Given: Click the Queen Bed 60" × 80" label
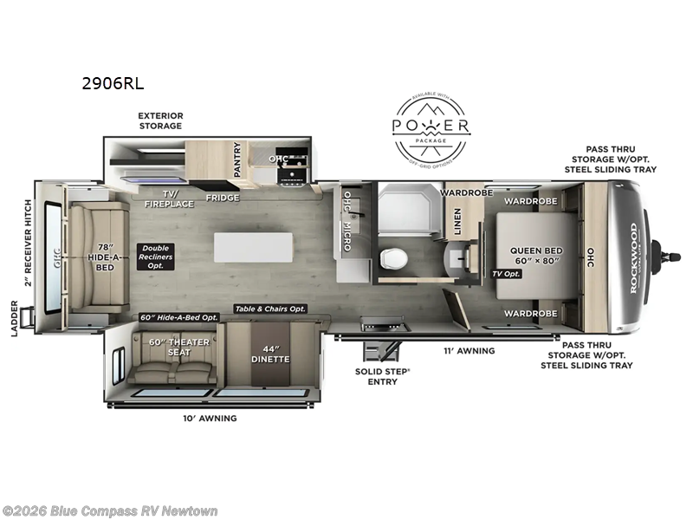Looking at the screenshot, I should coord(536,257).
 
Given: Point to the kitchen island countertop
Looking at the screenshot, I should coord(254,246).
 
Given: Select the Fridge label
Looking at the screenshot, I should coord(222,197).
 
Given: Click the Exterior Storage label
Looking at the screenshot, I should coord(160,120).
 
